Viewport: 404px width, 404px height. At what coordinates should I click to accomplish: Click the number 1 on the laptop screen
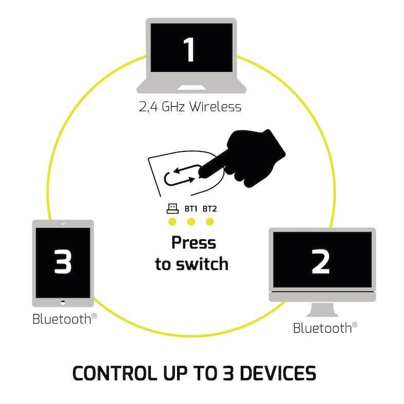coord(189,49)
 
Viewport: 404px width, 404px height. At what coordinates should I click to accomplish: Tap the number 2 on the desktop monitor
coord(320,261)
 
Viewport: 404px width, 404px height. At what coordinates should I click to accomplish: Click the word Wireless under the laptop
coord(215,107)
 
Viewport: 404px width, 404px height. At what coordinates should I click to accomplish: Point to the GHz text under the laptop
coord(173,107)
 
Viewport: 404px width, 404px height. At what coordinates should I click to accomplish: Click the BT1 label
coord(190,209)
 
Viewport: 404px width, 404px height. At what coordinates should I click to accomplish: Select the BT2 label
coord(209,209)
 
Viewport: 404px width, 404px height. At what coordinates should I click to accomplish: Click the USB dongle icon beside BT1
coord(172,208)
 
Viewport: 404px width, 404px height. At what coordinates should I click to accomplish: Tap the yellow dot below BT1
coord(191,222)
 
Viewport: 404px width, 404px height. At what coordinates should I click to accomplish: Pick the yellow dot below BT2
coord(210,222)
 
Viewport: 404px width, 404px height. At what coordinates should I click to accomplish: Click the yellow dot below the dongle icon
coord(172,222)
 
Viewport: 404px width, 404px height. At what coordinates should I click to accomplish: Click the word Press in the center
coord(194,243)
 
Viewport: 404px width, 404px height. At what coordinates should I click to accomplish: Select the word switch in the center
coord(202,264)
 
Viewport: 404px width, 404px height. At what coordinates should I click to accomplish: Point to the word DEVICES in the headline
coord(278,373)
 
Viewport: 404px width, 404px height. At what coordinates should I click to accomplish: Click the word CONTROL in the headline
coord(115,373)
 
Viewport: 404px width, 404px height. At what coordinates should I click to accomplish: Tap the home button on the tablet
coord(63,302)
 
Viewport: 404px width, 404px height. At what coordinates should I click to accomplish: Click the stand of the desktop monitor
coord(322,309)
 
